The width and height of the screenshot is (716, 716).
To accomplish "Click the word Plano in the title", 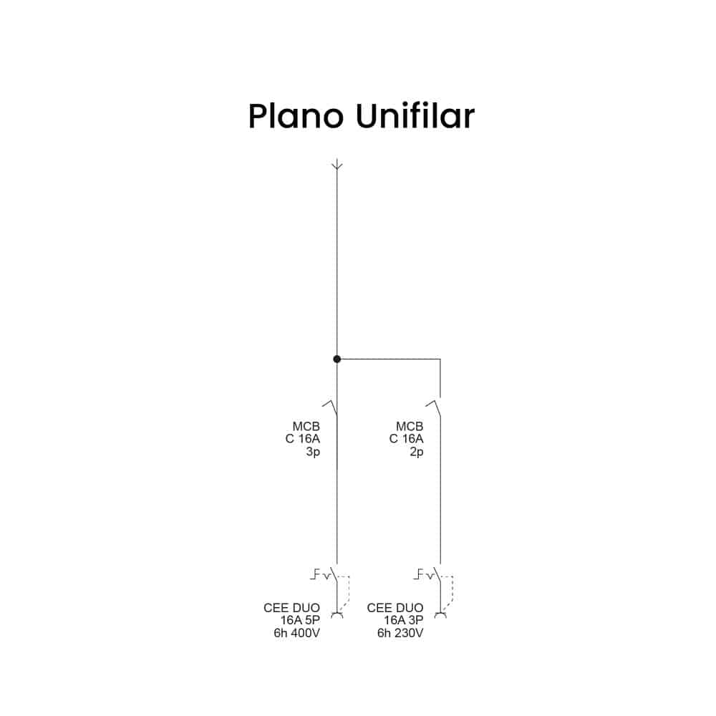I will [296, 117].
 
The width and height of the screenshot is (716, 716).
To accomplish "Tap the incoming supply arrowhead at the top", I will [337, 165].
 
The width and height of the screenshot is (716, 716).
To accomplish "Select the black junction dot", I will [337, 359].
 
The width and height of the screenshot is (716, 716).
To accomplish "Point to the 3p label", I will [312, 452].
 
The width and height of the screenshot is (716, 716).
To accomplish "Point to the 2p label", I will [416, 452].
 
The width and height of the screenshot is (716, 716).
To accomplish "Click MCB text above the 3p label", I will [306, 427].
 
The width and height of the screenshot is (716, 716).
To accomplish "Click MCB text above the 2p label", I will [410, 427].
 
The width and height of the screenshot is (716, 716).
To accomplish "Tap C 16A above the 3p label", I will [302, 439].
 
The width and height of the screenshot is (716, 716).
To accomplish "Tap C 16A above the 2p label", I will [406, 439].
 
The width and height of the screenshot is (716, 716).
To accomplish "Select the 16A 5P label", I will [300, 621].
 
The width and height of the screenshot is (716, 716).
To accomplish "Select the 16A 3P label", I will [404, 621].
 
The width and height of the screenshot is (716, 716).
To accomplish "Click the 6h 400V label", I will [297, 633].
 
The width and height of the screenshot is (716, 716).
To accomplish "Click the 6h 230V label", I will [401, 633].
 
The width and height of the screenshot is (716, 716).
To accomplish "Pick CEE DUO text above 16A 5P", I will [291, 609].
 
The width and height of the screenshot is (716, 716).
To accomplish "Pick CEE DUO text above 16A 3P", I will [395, 609].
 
